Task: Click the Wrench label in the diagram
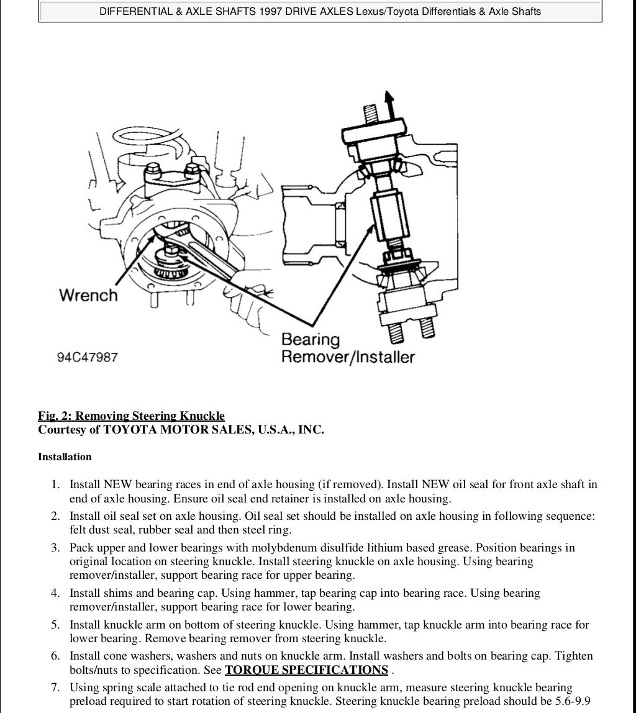click(x=88, y=295)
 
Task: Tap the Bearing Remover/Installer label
click(x=347, y=348)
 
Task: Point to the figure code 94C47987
click(x=88, y=358)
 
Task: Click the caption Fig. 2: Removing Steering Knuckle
click(x=131, y=416)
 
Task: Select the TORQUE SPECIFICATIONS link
click(x=306, y=670)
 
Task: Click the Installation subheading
click(x=65, y=457)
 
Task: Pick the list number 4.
click(x=55, y=593)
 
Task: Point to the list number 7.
click(x=55, y=688)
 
